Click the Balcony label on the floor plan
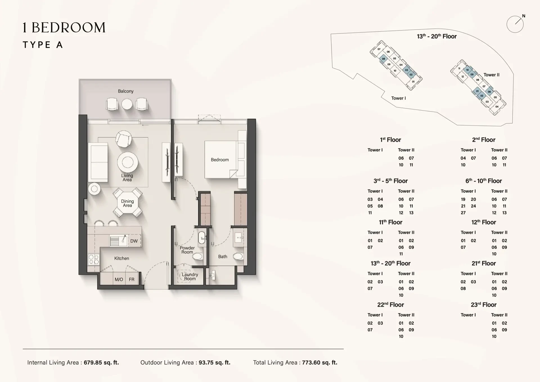tap(126, 91)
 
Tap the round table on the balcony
tap(127, 104)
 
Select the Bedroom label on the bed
tap(220, 160)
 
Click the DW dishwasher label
tap(134, 241)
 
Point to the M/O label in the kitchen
tap(119, 280)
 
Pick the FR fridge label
tap(132, 280)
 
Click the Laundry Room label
tap(190, 276)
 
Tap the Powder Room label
tap(187, 250)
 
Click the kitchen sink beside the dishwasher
tap(118, 241)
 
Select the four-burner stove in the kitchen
tap(94, 259)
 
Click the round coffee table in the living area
tap(128, 162)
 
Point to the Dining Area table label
tap(127, 203)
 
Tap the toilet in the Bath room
tap(238, 256)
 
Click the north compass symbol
tap(516, 24)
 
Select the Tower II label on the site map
tap(491, 75)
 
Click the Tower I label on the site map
tap(399, 98)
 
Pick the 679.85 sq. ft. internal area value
tap(101, 363)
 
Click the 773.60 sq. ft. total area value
tap(320, 363)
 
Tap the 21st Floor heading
tap(484, 263)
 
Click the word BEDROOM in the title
tap(69, 28)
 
